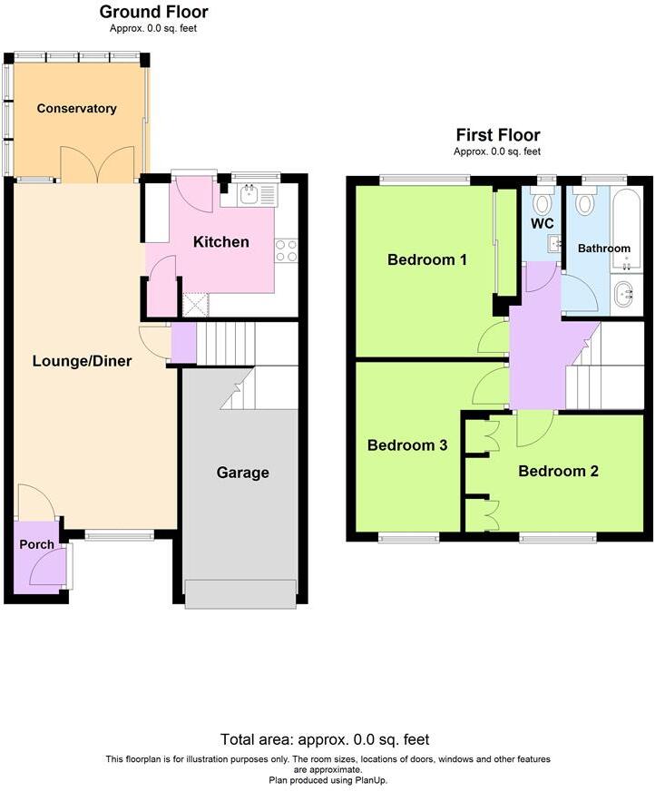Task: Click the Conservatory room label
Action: click(x=76, y=109)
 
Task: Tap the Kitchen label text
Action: click(x=221, y=242)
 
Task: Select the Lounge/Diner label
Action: click(x=82, y=361)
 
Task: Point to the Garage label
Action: click(x=242, y=473)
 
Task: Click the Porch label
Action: click(x=36, y=544)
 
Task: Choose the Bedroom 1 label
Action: click(x=426, y=260)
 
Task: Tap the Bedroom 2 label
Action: click(x=558, y=471)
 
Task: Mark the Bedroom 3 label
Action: click(x=407, y=445)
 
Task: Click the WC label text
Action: click(x=543, y=223)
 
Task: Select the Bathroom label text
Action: click(x=604, y=249)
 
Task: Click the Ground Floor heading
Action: click(x=153, y=12)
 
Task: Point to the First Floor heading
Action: click(x=497, y=135)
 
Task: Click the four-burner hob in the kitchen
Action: click(x=287, y=249)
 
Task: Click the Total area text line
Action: click(x=325, y=739)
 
